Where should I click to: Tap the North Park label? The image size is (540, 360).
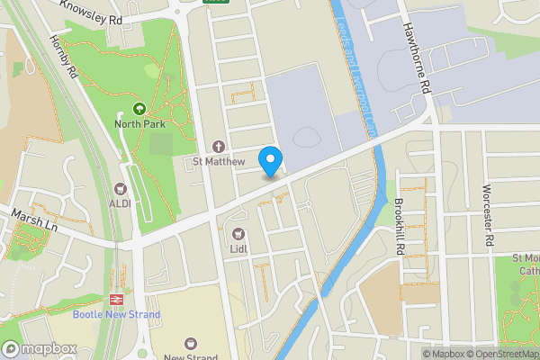(138, 124)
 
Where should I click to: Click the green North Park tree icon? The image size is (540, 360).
(138, 108)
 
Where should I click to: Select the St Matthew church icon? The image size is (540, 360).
(217, 147)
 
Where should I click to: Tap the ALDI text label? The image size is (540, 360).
(120, 203)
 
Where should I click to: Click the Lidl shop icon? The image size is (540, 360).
(239, 234)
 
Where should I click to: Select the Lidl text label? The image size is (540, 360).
(239, 249)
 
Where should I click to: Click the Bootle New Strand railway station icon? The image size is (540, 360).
(116, 299)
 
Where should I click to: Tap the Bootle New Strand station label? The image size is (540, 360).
(116, 314)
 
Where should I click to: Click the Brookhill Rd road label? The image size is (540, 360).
(400, 225)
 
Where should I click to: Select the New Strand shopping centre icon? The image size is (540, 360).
(190, 343)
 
